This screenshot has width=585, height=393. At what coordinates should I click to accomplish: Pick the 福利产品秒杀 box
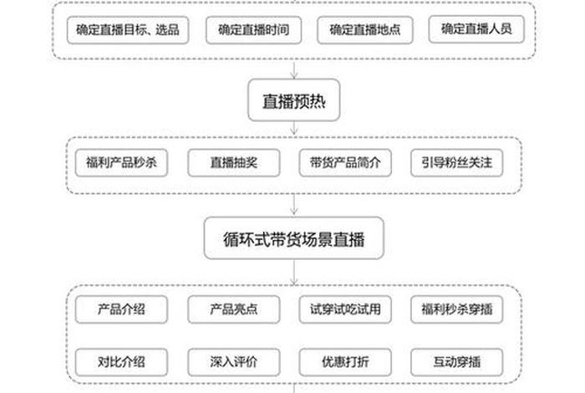(x=121, y=162)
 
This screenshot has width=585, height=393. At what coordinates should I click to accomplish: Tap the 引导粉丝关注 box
(x=456, y=162)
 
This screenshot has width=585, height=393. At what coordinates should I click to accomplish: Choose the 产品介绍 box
(x=121, y=309)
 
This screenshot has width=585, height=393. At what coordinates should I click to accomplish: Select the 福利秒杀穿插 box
(x=456, y=309)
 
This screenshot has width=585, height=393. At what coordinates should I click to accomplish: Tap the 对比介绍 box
(x=121, y=362)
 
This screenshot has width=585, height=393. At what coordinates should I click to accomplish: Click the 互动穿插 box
(x=456, y=362)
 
